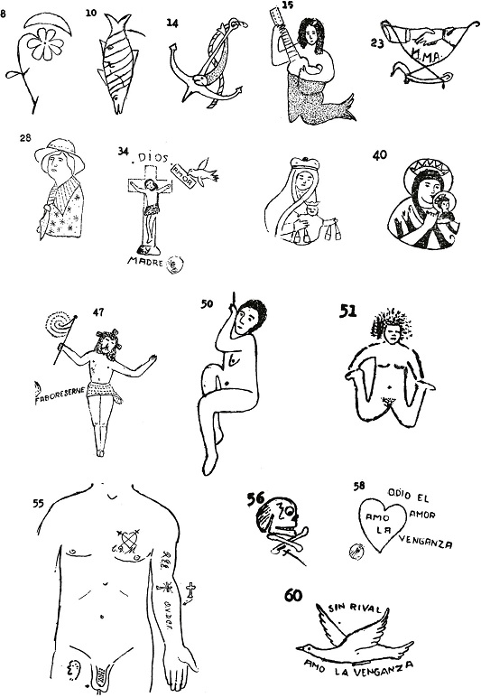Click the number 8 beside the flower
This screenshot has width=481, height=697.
[x=6, y=14]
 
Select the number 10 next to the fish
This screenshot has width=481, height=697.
[x=91, y=14]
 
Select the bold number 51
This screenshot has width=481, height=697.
[x=347, y=311]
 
